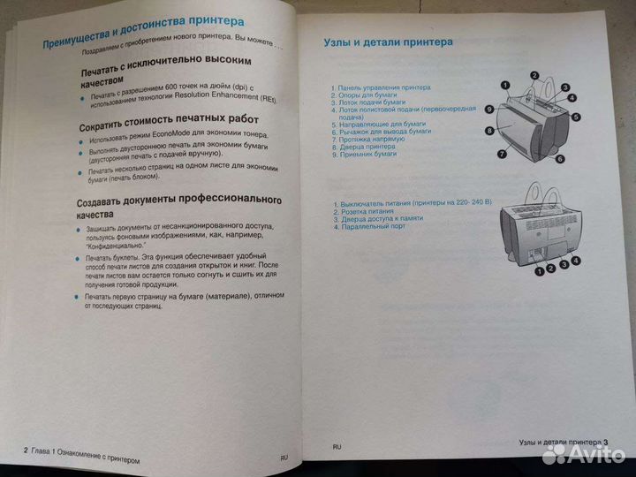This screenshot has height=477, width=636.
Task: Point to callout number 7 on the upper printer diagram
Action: point(501,153)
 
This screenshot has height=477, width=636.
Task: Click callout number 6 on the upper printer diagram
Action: point(559,159)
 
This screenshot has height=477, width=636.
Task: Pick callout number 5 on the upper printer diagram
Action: point(575,117)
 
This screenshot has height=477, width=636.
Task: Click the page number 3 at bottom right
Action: point(607,443)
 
